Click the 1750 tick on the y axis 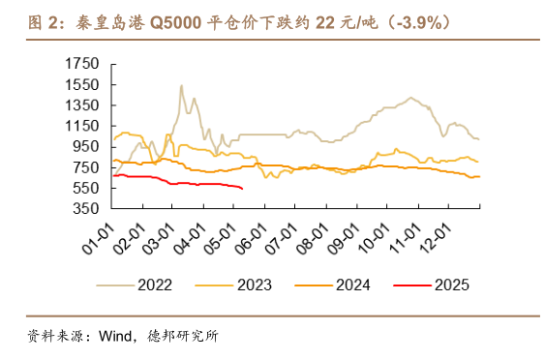pyautogui.click(x=81, y=64)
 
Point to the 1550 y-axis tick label pyautogui.click(x=81, y=84)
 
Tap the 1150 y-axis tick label pyautogui.click(x=81, y=126)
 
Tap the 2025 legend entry pyautogui.click(x=450, y=285)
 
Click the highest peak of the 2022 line pyautogui.click(x=182, y=85)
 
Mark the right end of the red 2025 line pyautogui.click(x=242, y=189)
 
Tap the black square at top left pyautogui.click(x=14, y=21)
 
